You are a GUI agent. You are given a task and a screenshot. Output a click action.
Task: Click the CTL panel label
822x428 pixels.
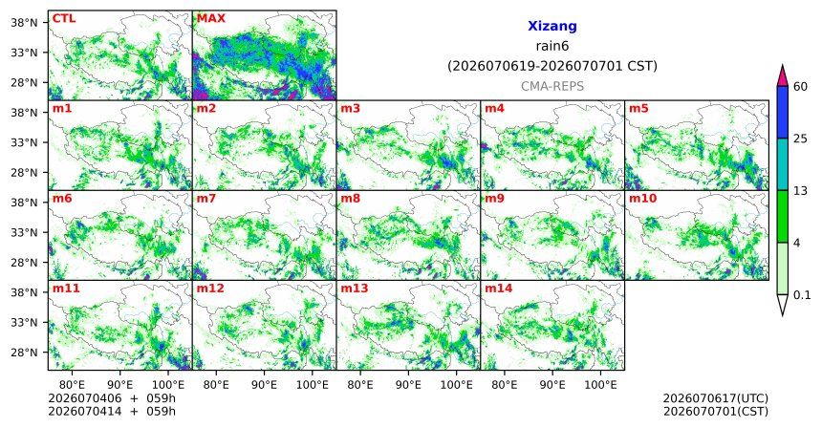(x=63, y=18)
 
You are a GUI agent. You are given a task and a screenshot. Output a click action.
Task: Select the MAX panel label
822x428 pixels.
(x=210, y=18)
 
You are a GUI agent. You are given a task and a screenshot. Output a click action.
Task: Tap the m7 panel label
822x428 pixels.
(x=205, y=199)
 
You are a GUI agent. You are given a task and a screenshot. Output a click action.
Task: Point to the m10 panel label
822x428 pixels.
(x=642, y=199)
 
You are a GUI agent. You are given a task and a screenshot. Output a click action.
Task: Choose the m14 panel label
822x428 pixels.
(x=499, y=289)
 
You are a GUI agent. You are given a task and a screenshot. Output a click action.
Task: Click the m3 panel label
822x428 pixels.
(x=350, y=109)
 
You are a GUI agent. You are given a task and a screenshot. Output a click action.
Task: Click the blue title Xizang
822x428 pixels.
(x=552, y=26)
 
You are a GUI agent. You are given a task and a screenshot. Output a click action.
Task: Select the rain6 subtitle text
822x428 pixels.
(x=552, y=46)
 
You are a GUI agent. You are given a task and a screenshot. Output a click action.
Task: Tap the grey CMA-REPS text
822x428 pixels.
(x=552, y=86)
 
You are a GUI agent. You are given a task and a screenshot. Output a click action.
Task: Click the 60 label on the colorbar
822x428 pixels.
(x=801, y=86)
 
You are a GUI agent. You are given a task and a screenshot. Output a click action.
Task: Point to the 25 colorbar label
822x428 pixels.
(x=801, y=139)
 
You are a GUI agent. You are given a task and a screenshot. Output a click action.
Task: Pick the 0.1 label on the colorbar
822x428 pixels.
(x=802, y=295)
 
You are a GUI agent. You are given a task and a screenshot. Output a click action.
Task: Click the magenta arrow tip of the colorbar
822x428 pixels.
(x=782, y=67)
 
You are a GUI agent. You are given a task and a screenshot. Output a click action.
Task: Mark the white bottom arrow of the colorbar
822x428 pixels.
(x=782, y=304)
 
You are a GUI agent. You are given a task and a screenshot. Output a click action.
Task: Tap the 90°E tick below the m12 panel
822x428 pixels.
(x=264, y=386)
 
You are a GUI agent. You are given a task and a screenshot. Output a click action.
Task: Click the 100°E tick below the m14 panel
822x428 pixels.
(x=600, y=386)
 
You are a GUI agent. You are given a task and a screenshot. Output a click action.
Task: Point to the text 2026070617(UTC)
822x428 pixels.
(x=716, y=399)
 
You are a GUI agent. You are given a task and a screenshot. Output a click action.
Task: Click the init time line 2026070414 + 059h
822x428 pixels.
(x=112, y=411)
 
